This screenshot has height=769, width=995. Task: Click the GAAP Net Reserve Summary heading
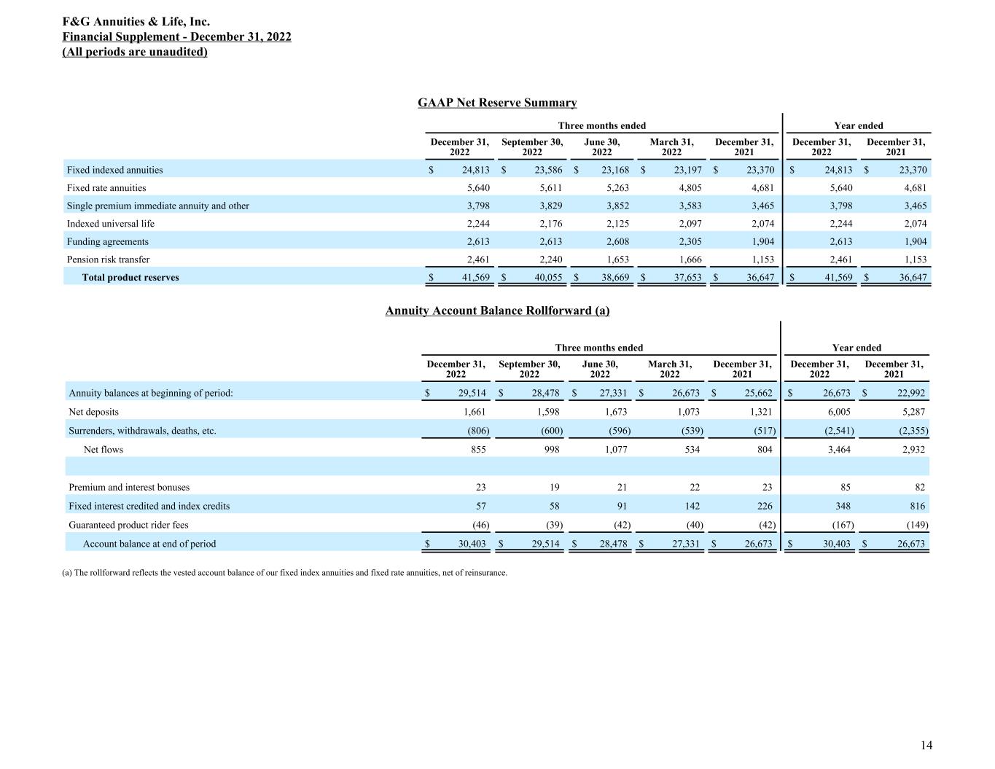[497, 103]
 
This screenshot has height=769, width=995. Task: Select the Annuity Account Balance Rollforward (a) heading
[497, 311]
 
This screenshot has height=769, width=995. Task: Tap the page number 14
[926, 745]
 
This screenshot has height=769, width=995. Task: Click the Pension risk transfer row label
[108, 259]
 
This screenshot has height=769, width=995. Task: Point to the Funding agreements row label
[107, 241]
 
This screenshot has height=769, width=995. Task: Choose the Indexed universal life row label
[110, 224]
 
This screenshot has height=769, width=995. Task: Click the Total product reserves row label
[130, 278]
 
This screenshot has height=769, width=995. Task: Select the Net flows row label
[104, 450]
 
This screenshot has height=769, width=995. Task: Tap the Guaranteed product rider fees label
[128, 525]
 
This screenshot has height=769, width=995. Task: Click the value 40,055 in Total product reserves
[544, 278]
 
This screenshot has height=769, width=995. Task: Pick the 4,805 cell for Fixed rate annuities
[687, 188]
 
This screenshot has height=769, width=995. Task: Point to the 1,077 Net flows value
[616, 450]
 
